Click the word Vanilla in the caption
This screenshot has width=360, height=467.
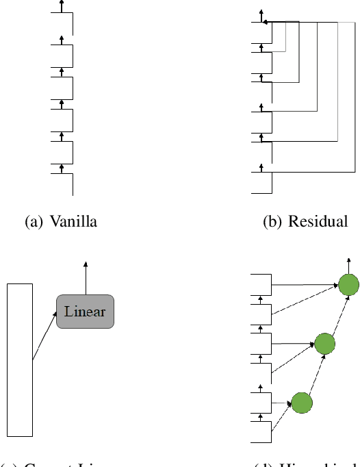click(x=73, y=222)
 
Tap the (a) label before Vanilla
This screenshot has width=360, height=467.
click(x=35, y=222)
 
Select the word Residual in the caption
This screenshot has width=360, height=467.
click(x=318, y=222)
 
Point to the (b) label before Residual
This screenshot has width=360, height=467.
click(x=274, y=222)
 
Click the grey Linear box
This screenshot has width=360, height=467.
click(x=85, y=312)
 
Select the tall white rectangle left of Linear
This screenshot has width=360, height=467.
click(x=19, y=359)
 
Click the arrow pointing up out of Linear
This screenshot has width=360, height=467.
click(x=85, y=277)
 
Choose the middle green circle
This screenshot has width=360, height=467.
click(x=324, y=343)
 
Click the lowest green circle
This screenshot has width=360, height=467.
click(x=301, y=403)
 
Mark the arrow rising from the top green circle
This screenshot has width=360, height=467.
click(x=348, y=266)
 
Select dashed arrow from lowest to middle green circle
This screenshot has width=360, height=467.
click(x=312, y=374)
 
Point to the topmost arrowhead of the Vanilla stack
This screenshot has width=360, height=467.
click(x=62, y=3)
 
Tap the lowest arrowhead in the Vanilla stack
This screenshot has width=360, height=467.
click(x=62, y=166)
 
